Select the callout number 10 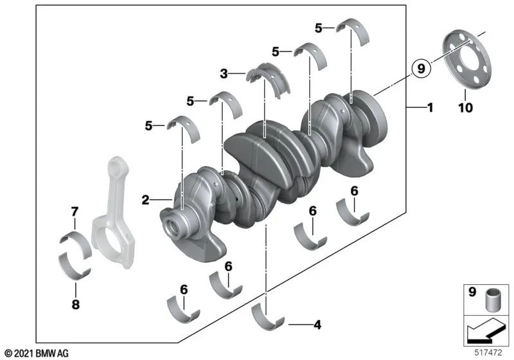465,108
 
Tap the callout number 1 430,108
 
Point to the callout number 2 146,200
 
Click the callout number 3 224,75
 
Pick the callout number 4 316,325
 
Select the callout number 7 75,212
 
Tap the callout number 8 76,305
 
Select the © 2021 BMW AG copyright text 36,353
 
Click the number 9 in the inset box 470,292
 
